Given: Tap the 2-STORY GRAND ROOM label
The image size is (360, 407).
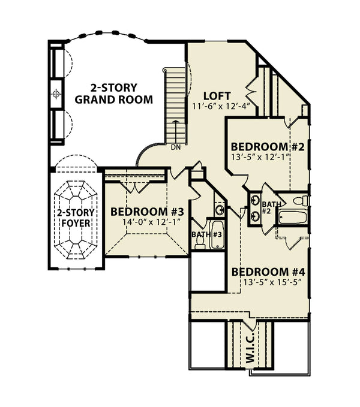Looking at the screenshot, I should (113, 92).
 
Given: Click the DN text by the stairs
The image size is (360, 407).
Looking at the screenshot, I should (176, 147).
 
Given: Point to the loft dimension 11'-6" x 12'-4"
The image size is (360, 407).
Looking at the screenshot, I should (220, 107).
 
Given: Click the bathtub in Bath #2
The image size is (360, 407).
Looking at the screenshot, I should (292, 216).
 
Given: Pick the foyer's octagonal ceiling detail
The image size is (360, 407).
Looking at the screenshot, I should (74, 218).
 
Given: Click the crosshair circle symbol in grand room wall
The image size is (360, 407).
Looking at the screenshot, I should (56, 94).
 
